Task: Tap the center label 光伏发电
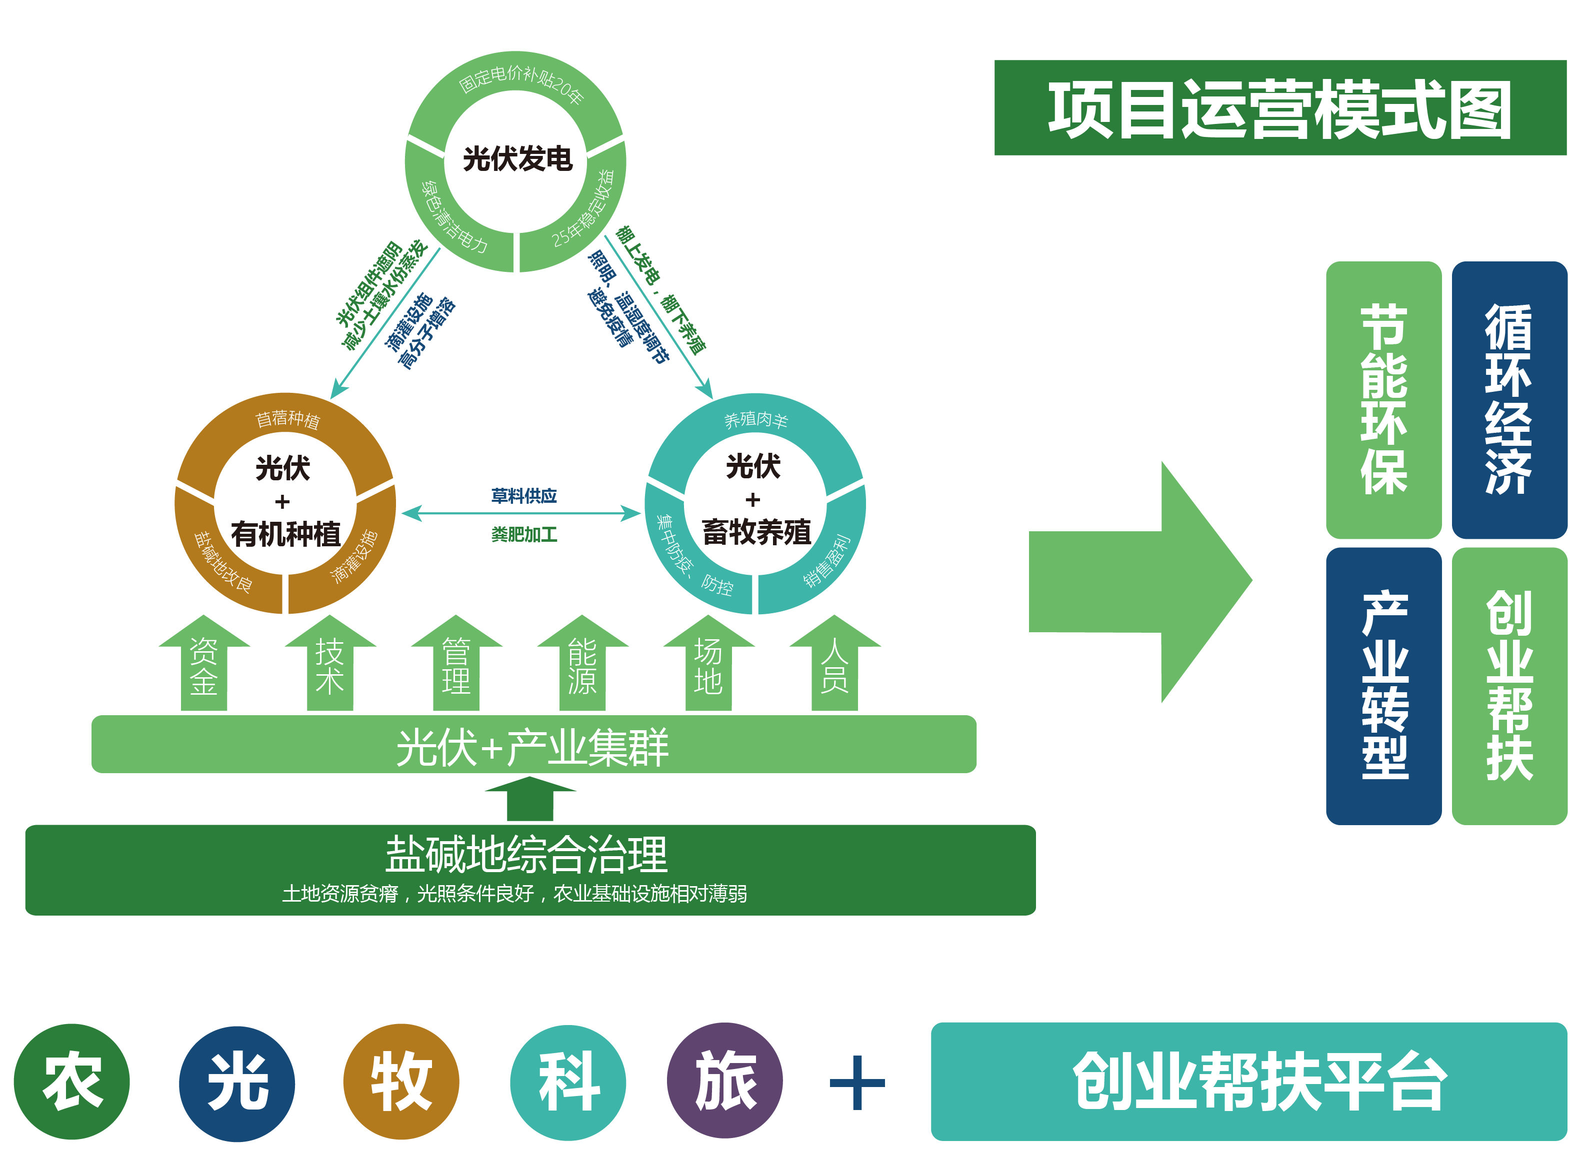click(x=517, y=159)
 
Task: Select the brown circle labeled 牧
click(x=401, y=1082)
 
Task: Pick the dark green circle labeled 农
click(x=72, y=1082)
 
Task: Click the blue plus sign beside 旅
click(x=857, y=1082)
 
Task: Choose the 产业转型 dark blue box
click(x=1383, y=685)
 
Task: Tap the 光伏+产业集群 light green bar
click(x=533, y=745)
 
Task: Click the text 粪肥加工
click(x=524, y=534)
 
